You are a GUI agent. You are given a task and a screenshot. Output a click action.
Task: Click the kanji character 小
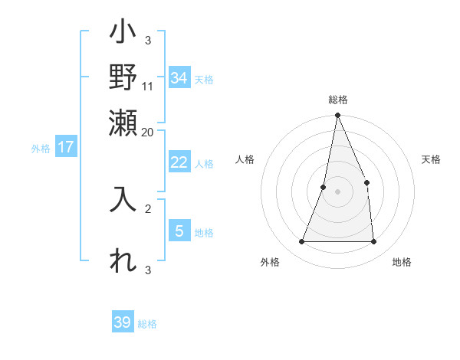point(123,35)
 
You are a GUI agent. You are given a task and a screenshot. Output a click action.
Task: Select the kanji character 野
point(123,77)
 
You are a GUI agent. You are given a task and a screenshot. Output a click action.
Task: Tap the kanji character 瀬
point(123,121)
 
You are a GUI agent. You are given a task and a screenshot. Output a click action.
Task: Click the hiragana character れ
point(123,260)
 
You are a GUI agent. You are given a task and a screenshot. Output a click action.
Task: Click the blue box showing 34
point(179,78)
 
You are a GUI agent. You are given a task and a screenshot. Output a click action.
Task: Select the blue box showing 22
point(179,162)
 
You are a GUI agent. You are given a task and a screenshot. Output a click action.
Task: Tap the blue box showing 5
point(179,231)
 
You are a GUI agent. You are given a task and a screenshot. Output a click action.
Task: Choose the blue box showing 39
point(123,322)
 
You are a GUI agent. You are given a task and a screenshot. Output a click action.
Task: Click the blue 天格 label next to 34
point(204,80)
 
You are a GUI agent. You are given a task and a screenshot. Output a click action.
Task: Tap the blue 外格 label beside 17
point(41,149)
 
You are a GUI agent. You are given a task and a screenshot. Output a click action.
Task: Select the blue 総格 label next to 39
point(147,324)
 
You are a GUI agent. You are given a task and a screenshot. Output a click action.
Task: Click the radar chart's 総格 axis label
point(337,100)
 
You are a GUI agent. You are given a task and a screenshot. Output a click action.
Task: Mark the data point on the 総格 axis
point(337,116)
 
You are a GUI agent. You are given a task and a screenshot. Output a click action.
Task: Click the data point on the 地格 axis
point(373,242)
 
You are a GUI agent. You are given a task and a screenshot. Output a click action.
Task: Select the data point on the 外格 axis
point(301,242)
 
